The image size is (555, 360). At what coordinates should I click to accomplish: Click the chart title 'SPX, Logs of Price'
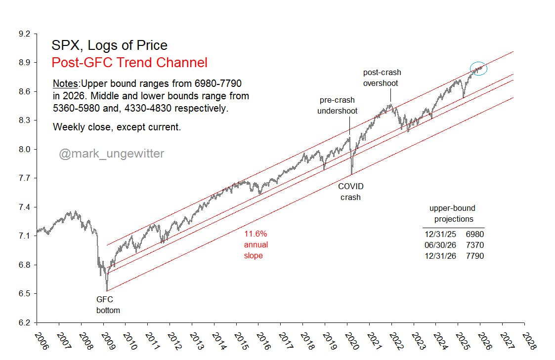109,46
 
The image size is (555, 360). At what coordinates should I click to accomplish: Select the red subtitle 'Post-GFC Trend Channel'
129,63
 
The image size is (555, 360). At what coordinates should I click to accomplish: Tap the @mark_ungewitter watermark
112,154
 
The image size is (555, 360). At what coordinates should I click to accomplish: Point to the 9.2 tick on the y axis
24,34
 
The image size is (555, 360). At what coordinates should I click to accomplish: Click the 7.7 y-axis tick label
24,178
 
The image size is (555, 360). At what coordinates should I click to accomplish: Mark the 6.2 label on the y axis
24,323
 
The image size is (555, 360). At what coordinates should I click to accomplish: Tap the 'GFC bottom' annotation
108,305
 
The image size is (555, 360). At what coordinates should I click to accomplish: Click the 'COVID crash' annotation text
350,192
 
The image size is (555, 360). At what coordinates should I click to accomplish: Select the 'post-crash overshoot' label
382,78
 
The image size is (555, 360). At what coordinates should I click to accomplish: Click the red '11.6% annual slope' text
256,244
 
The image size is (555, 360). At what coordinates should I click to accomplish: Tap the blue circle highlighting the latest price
478,69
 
